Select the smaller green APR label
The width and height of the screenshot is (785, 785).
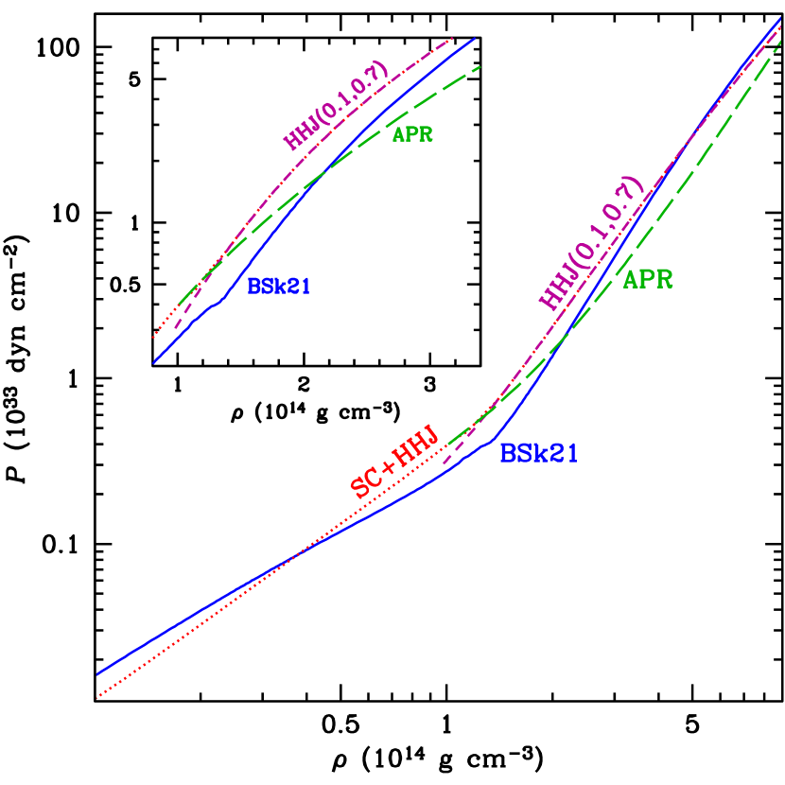click(412, 134)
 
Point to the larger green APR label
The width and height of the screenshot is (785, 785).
click(648, 280)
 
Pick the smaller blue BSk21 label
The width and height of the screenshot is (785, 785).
click(279, 287)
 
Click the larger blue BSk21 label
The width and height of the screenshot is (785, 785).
click(538, 454)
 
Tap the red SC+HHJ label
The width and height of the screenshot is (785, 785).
click(394, 462)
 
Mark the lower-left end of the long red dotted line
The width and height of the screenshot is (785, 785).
click(97, 698)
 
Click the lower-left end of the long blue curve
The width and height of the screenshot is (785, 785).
click(97, 674)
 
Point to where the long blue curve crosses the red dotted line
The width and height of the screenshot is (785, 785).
click(293, 555)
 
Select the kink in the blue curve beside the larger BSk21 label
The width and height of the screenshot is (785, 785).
click(490, 441)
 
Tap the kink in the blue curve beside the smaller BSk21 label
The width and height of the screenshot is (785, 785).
click(220, 302)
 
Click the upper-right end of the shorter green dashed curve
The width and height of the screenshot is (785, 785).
click(480, 66)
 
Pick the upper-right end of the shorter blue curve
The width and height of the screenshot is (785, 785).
click(474, 39)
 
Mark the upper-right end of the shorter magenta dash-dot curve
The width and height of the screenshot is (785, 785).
click(453, 39)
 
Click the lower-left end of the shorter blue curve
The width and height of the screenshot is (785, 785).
click(153, 362)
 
